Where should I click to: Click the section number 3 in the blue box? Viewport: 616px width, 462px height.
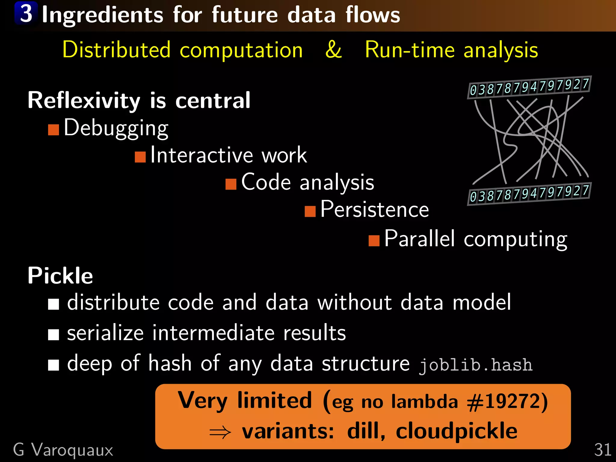tap(26, 14)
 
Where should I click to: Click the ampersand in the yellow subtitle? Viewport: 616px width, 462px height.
tap(333, 50)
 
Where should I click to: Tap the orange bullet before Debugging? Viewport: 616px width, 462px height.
tap(53, 130)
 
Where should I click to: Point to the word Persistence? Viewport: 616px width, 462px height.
tap(374, 209)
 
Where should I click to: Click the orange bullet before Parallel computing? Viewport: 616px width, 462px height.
tap(374, 241)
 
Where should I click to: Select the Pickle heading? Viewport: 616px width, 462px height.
tap(60, 276)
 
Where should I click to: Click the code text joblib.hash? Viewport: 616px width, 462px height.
tap(476, 365)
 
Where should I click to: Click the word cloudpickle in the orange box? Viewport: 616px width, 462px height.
tap(456, 431)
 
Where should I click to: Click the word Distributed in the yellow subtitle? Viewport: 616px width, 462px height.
tap(116, 50)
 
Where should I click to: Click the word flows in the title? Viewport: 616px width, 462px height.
tap(372, 15)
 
